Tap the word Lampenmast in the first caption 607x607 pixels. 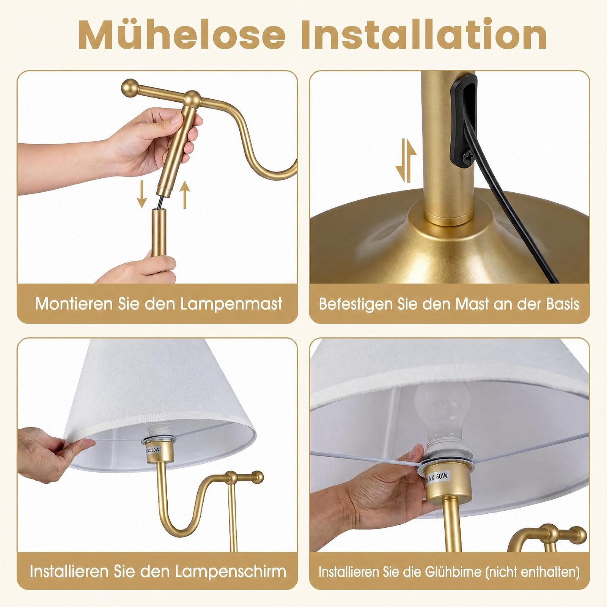coord(231,304)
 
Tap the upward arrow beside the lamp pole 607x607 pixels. coord(184,194)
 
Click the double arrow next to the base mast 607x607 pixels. coord(406,160)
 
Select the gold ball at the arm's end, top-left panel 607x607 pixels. coord(130,88)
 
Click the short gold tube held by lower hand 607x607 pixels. coord(159,233)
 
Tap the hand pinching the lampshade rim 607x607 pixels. coord(51,454)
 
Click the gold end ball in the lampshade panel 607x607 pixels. coord(258,477)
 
